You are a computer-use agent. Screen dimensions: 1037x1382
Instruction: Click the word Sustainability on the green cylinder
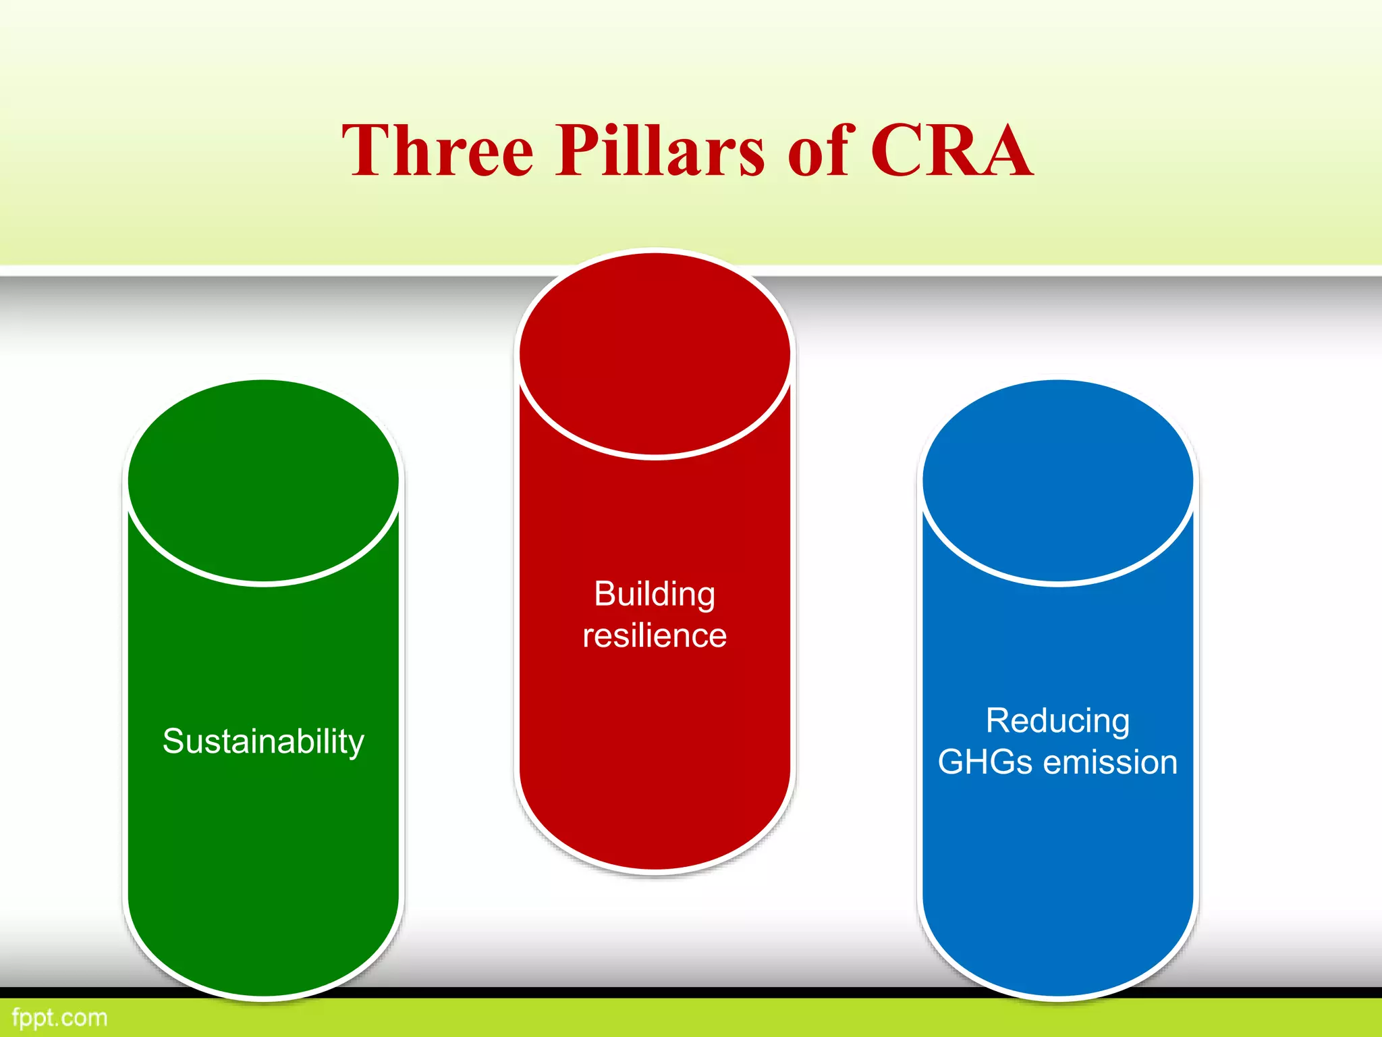(263, 741)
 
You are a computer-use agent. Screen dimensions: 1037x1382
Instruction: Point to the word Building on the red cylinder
(655, 594)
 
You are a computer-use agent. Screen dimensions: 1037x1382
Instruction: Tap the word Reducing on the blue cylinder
(1057, 720)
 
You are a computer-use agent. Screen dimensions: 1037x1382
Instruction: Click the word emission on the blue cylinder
(1110, 762)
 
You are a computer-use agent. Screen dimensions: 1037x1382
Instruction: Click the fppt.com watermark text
(59, 1017)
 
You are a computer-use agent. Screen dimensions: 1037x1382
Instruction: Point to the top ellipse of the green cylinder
(263, 479)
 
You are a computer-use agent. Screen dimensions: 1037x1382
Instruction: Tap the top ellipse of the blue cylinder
(1057, 479)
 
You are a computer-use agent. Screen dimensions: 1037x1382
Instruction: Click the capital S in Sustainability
(174, 741)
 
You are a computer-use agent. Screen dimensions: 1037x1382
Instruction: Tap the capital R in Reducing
(999, 720)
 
